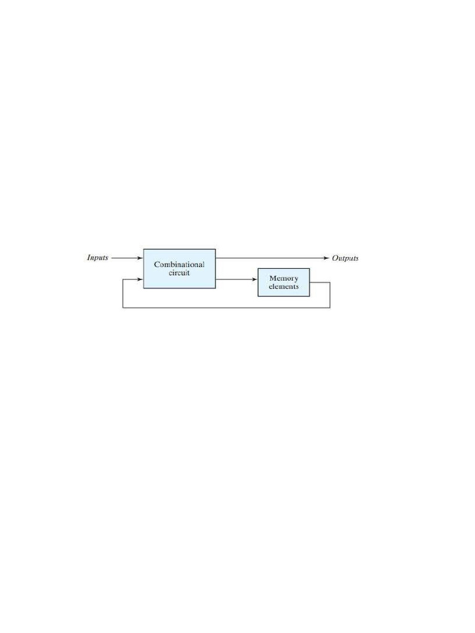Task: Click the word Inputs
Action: tap(97, 258)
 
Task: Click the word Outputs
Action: tap(345, 258)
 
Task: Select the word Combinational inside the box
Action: tap(179, 265)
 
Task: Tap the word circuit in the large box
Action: tap(179, 273)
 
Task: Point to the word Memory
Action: tap(284, 278)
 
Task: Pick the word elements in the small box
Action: tap(284, 287)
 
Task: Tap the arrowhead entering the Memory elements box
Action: tap(254, 279)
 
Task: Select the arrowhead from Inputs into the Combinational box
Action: tap(140, 258)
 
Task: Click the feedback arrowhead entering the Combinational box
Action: tap(140, 279)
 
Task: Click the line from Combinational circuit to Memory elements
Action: tap(235, 279)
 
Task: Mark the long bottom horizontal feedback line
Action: tap(226, 307)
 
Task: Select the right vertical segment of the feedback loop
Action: tap(330, 295)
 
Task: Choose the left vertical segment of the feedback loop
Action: tap(123, 294)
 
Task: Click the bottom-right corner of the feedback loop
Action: tap(330, 307)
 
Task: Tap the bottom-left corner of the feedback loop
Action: tap(123, 307)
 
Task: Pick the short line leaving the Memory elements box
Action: tap(320, 283)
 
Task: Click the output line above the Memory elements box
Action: tap(272, 258)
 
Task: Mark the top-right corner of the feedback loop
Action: tap(330, 283)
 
